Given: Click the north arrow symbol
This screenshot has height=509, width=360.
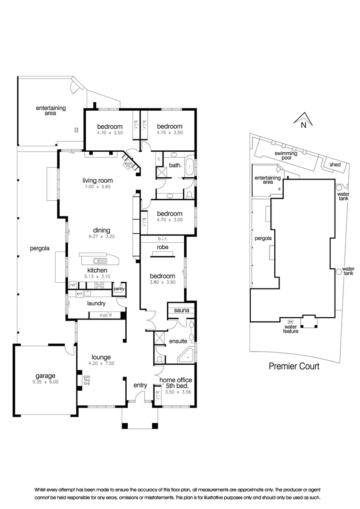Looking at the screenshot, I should pos(303,120).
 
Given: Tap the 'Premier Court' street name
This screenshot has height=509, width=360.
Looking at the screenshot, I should pos(294,366).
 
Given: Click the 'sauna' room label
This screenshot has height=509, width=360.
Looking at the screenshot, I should pos(181,311).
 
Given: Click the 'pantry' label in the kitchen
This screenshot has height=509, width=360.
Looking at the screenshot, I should pos(118,288).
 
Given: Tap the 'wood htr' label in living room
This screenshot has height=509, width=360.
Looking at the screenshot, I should pos(127,164).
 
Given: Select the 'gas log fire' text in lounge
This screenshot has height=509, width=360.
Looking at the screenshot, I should pos(86,380).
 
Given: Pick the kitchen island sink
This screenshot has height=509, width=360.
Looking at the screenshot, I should pos(99,260).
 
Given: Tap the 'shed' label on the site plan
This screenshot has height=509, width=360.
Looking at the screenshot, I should pos(335,164).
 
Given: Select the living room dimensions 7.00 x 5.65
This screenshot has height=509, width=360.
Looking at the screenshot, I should pos(98,188).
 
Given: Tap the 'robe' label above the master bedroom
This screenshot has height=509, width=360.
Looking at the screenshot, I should pos(163,246).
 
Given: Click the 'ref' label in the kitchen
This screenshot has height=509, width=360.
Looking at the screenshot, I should pos(73,285).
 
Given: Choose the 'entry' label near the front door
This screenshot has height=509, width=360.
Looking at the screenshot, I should pos(140,386).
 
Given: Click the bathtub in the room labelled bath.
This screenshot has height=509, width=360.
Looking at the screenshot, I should pos(189,167).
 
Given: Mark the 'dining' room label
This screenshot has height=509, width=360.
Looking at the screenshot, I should pos(98,231).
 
